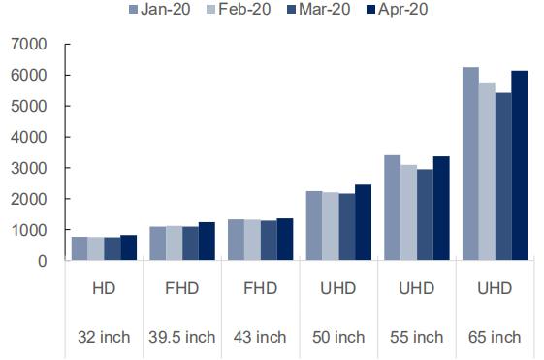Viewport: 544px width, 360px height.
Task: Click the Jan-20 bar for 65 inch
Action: click(x=471, y=164)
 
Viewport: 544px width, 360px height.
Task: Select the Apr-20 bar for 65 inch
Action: click(x=520, y=165)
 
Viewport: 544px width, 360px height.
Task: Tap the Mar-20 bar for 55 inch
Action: click(x=426, y=214)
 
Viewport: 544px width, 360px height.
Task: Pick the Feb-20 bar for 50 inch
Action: click(x=331, y=226)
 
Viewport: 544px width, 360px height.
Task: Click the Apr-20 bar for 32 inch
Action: click(x=129, y=247)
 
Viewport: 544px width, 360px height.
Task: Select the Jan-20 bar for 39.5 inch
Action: click(x=158, y=244)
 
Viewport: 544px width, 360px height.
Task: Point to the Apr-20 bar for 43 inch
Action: click(x=285, y=239)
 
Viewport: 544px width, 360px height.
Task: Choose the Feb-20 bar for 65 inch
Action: click(x=487, y=172)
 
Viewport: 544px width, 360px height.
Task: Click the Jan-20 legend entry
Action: click(x=160, y=9)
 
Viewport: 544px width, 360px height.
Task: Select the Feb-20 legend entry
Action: click(x=239, y=9)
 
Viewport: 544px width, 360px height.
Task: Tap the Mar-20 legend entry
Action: click(x=319, y=9)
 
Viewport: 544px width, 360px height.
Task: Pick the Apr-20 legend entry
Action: click(x=397, y=9)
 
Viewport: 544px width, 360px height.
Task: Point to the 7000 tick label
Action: click(x=29, y=44)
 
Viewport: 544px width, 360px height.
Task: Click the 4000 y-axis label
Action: click(x=29, y=137)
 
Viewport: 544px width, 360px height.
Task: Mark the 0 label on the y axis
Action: click(x=43, y=261)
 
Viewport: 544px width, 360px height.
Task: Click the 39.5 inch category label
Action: click(x=182, y=337)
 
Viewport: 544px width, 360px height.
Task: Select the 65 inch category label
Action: click(x=495, y=337)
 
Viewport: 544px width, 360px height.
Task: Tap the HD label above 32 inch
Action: click(x=104, y=288)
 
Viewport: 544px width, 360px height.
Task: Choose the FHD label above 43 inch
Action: click(x=260, y=288)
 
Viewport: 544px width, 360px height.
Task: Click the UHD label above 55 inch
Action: click(x=417, y=288)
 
